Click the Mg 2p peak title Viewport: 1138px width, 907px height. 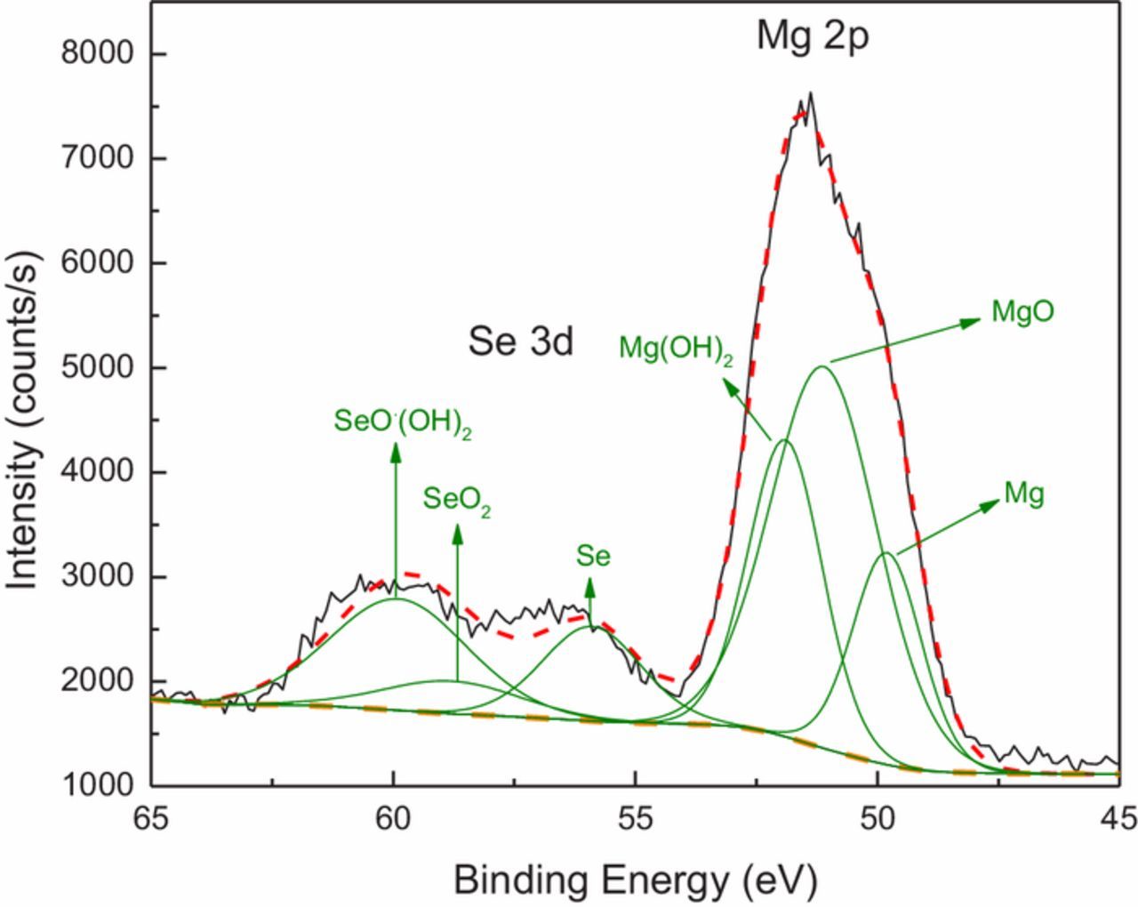811,37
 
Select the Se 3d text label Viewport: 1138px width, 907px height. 520,341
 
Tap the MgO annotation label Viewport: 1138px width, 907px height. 1022,311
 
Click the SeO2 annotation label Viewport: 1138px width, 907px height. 457,500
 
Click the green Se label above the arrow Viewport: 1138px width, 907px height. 593,557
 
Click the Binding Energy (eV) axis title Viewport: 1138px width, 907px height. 634,879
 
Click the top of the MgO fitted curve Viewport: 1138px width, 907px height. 822,365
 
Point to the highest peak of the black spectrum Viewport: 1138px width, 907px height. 810,93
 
